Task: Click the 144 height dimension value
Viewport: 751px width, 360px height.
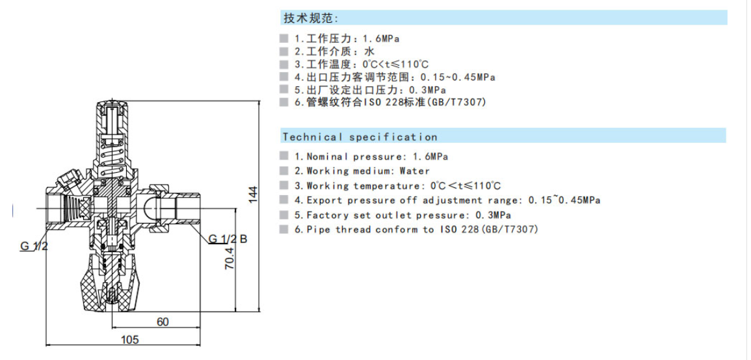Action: point(254,194)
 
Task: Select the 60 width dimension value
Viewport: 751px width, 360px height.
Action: point(163,322)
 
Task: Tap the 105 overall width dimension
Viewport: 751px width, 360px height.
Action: point(131,339)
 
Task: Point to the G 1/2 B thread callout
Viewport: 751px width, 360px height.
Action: point(228,239)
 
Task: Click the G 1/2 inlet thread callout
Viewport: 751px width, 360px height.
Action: point(34,246)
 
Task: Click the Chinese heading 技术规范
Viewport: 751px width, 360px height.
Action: point(310,18)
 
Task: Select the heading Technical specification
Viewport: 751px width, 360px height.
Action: point(360,137)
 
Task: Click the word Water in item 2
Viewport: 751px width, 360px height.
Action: point(414,171)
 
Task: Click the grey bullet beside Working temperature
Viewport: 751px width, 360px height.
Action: point(283,186)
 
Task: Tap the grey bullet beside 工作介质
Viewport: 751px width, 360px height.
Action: point(283,50)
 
